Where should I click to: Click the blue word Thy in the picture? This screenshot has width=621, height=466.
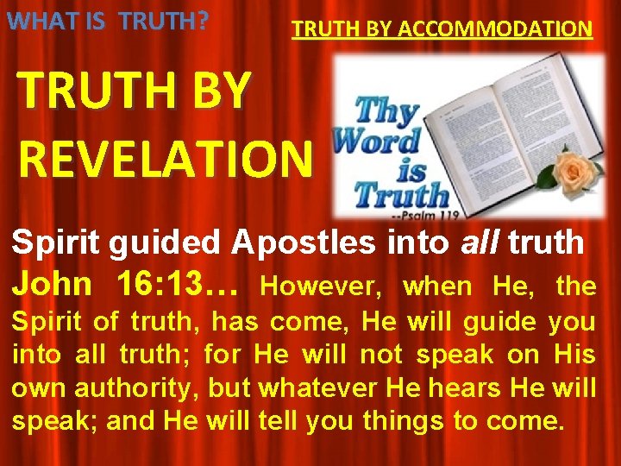pos(388,113)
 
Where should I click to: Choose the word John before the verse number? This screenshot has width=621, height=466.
pos(52,284)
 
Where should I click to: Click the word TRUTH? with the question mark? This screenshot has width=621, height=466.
pos(165,20)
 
